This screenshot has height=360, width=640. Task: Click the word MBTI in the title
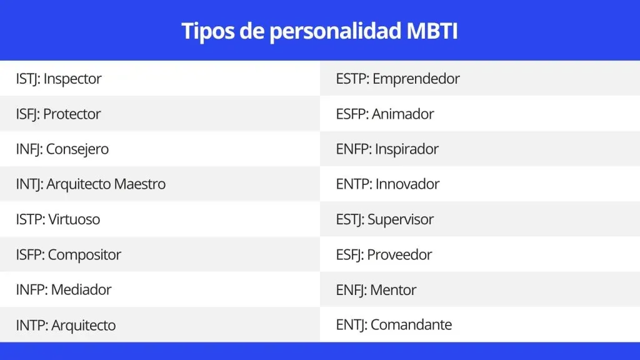432,31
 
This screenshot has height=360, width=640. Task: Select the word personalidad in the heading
335,32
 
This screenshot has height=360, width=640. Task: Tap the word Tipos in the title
207,32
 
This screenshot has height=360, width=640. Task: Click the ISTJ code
27,79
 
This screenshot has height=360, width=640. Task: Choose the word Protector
72,114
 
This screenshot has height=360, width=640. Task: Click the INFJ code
29,149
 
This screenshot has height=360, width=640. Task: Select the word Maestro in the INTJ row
139,184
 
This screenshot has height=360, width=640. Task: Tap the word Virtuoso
74,219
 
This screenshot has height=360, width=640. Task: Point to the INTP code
32,325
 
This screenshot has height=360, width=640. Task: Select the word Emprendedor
416,79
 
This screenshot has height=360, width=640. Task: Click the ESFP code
351,114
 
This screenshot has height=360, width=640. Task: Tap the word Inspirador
406,149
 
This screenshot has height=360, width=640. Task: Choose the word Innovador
407,184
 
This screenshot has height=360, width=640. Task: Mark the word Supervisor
401,219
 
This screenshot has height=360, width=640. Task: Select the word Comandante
411,325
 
